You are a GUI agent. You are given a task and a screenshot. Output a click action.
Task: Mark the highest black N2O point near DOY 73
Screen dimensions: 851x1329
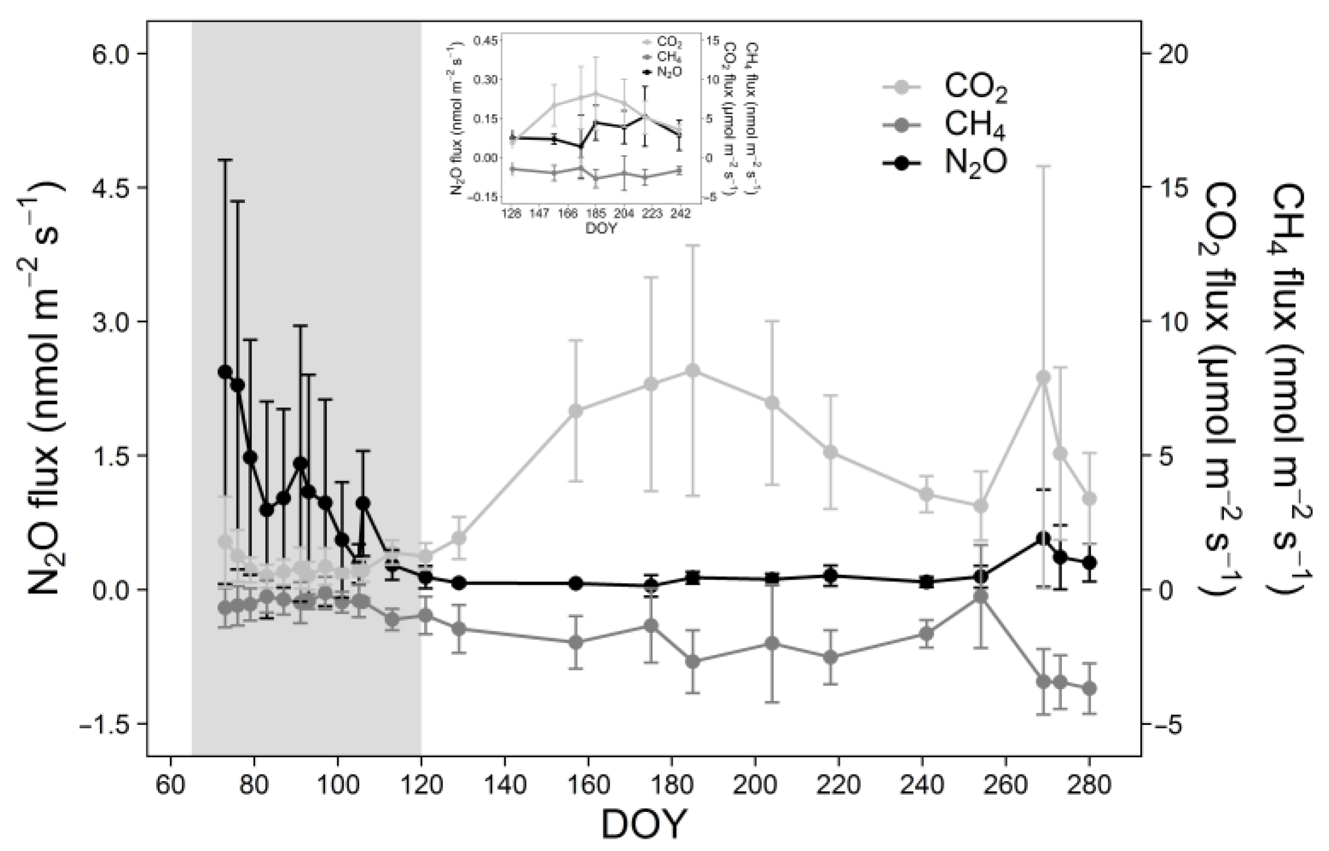pyautogui.click(x=225, y=372)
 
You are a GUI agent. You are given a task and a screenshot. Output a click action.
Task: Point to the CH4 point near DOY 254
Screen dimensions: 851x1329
pyautogui.click(x=980, y=596)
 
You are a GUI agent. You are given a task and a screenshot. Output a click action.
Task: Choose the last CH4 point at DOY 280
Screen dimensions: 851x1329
pyautogui.click(x=1089, y=689)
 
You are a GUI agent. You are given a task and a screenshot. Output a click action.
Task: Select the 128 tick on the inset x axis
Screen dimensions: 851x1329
pyautogui.click(x=511, y=214)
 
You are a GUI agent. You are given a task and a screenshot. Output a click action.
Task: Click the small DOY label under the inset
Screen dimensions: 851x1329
pyautogui.click(x=600, y=229)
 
